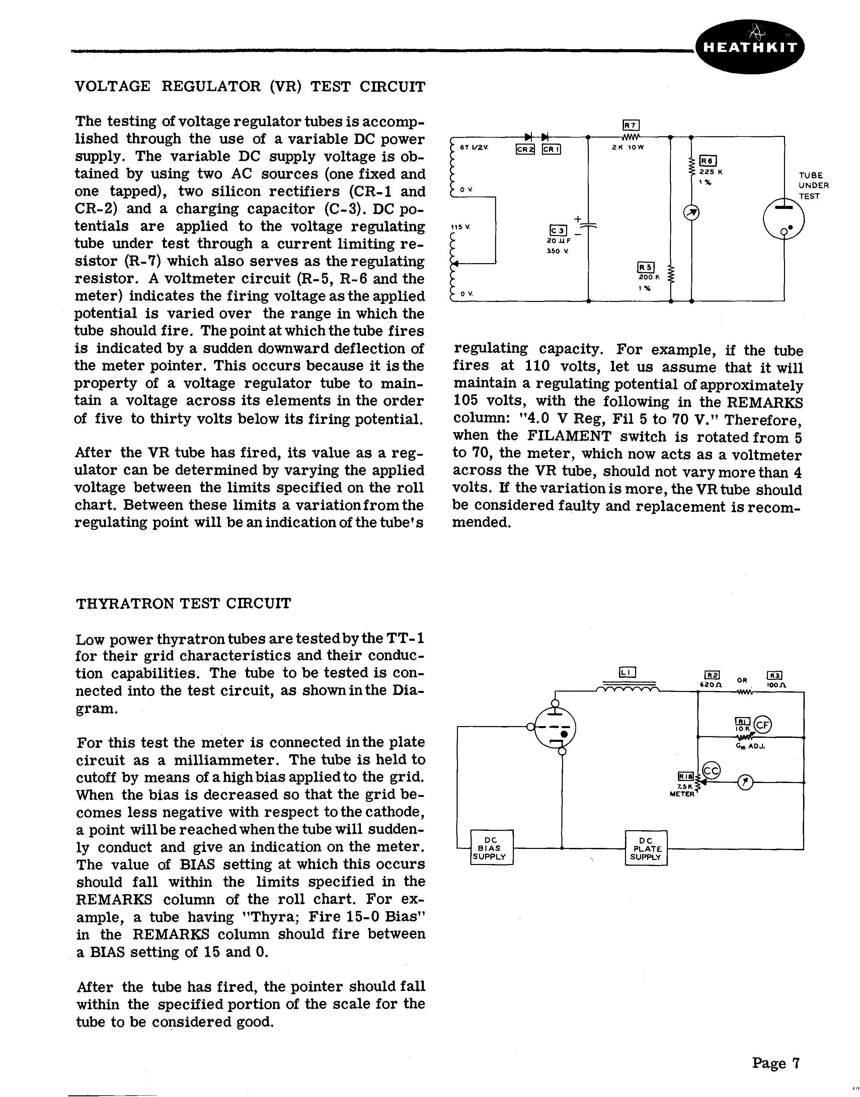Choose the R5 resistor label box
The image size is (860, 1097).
[x=645, y=268]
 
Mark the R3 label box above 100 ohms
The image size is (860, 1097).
[x=773, y=676]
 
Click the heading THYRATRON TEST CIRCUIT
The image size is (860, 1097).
[x=183, y=603]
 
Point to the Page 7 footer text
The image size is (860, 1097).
[x=775, y=1063]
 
